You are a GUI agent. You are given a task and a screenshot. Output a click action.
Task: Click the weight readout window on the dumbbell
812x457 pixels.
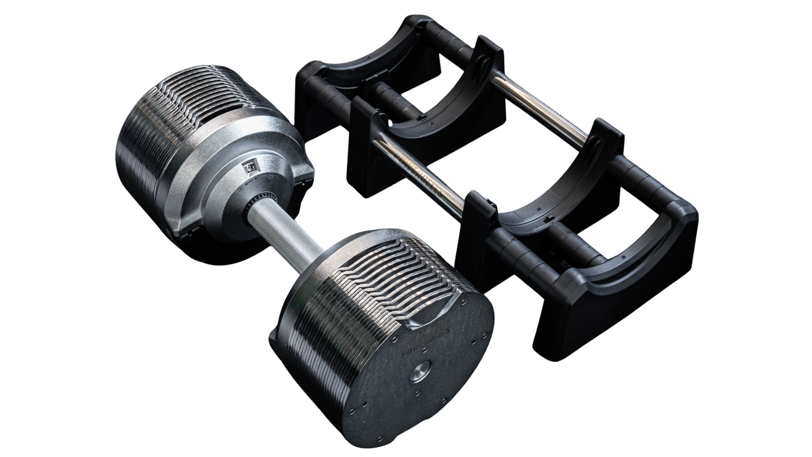coord(249,167)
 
